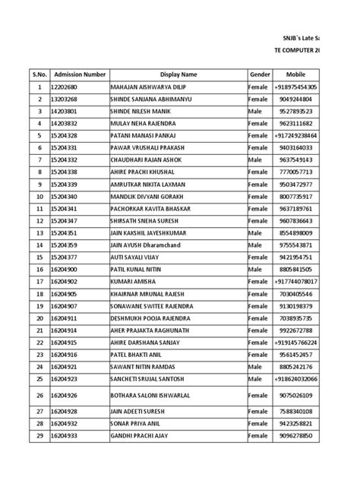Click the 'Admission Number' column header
pyautogui.click(x=79, y=74)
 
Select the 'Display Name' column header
pyautogui.click(x=178, y=74)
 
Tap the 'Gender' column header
pyautogui.click(x=260, y=74)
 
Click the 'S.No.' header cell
pyautogui.click(x=39, y=74)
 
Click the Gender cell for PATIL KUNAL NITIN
pyautogui.click(x=255, y=269)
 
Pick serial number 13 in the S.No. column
pyautogui.click(x=39, y=232)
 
